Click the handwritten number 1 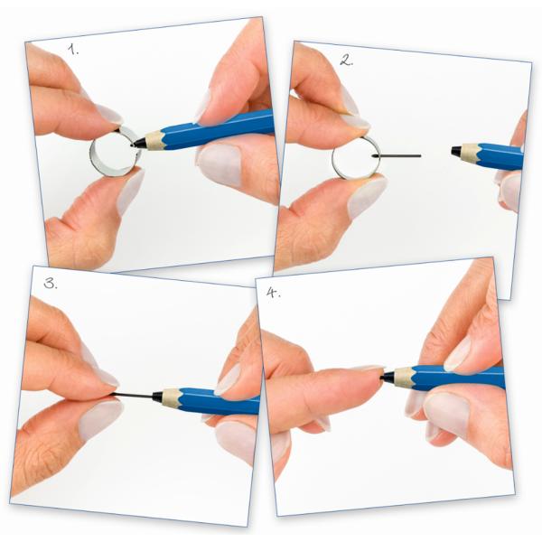pos(73,51)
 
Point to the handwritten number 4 pos(270,293)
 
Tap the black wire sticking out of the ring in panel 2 pos(398,154)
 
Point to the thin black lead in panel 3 pos(135,396)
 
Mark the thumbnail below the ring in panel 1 pos(129,192)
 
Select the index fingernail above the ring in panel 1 pos(109,114)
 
